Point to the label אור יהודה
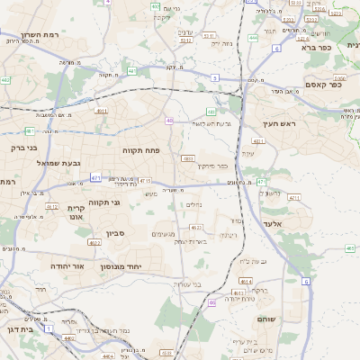[65, 267]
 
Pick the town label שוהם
[269, 319]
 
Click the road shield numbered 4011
[258, 141]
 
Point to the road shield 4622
[94, 242]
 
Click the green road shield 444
[253, 38]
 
